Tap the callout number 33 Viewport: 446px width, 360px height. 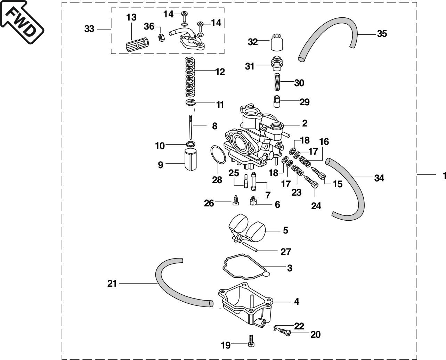click(89, 29)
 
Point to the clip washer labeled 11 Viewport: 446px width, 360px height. click(191, 103)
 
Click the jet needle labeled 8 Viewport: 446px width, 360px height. click(190, 127)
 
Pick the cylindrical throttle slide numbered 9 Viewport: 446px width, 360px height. click(190, 159)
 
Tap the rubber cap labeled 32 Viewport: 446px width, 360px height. click(277, 42)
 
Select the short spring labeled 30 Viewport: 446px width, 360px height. click(277, 82)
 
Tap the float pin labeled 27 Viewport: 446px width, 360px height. click(250, 247)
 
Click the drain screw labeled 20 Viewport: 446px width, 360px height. click(284, 332)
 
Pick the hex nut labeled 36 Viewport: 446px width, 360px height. click(161, 38)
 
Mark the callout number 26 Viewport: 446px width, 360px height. click(209, 203)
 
